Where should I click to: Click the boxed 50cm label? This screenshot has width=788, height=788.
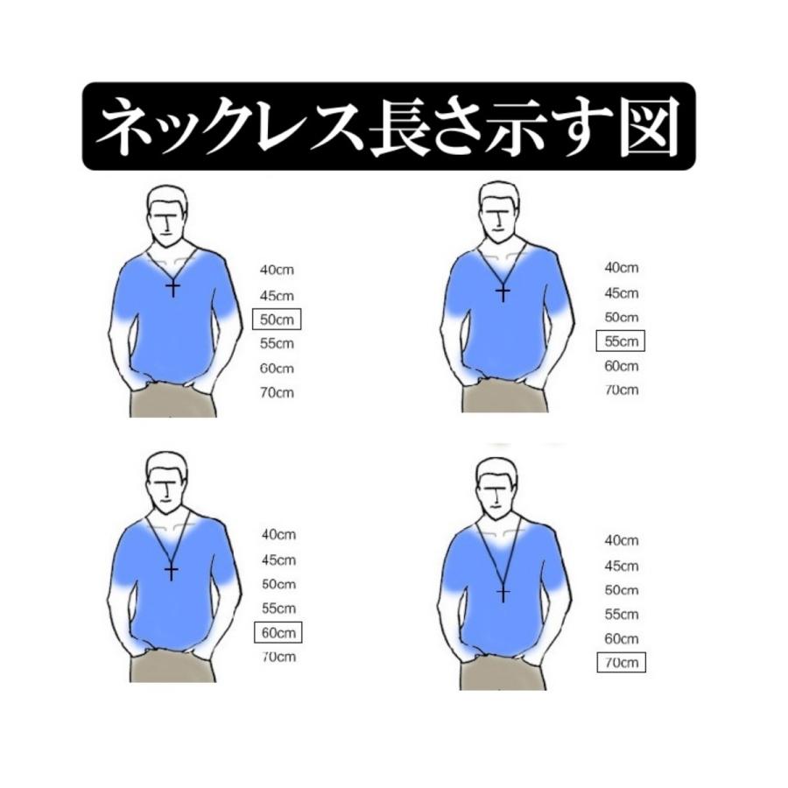pyautogui.click(x=277, y=319)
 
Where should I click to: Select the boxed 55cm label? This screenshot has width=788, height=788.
pyautogui.click(x=620, y=341)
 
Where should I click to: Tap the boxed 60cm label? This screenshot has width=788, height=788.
pyautogui.click(x=278, y=632)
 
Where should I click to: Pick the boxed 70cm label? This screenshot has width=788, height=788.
pyautogui.click(x=621, y=662)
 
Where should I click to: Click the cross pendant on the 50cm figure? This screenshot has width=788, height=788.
pyautogui.click(x=172, y=288)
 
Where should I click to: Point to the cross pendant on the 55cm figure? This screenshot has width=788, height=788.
pyautogui.click(x=503, y=293)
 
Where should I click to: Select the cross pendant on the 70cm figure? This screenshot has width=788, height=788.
pyautogui.click(x=503, y=593)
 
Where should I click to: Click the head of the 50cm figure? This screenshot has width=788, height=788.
pyautogui.click(x=167, y=216)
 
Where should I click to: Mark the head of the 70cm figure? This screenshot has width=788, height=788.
pyautogui.click(x=497, y=489)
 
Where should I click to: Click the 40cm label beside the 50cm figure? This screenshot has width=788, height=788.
pyautogui.click(x=277, y=270)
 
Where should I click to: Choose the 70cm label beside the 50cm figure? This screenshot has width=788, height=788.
pyautogui.click(x=277, y=392)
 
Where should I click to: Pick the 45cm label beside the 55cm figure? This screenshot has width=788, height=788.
pyautogui.click(x=621, y=293)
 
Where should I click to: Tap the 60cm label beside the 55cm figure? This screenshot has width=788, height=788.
pyautogui.click(x=621, y=365)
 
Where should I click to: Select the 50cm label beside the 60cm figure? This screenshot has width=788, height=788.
pyautogui.click(x=278, y=584)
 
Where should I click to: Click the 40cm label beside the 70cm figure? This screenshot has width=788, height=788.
pyautogui.click(x=621, y=540)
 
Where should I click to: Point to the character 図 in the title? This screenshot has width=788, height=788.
pyautogui.click(x=650, y=127)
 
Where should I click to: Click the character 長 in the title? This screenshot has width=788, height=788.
pyautogui.click(x=399, y=127)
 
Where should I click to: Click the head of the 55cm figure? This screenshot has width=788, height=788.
pyautogui.click(x=498, y=213)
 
